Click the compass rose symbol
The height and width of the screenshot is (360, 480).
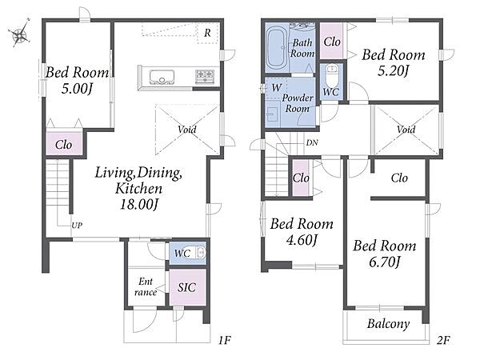(x=19, y=33)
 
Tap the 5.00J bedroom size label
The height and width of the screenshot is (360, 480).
(x=77, y=89)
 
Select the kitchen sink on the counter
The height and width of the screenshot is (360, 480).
(x=162, y=77)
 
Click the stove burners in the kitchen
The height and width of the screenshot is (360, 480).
(x=205, y=77)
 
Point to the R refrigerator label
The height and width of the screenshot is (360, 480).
(x=207, y=33)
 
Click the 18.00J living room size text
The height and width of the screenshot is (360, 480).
(x=138, y=205)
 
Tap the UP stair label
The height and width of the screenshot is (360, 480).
(x=77, y=226)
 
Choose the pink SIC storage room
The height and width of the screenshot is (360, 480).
(x=187, y=287)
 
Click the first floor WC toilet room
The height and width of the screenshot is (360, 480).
(x=187, y=253)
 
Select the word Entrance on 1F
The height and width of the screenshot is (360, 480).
(x=146, y=286)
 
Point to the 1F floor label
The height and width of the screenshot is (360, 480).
(x=224, y=340)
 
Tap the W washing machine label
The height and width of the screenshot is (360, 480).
(x=276, y=87)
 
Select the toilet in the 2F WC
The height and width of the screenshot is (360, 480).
(x=330, y=75)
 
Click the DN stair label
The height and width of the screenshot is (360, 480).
(x=312, y=142)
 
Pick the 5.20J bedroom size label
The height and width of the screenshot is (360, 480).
(x=394, y=71)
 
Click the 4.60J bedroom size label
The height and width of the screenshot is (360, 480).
(x=302, y=240)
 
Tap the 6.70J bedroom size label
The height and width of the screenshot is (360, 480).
(x=385, y=262)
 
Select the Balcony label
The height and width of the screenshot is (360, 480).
(x=388, y=324)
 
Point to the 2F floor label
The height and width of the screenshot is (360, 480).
(x=443, y=340)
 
